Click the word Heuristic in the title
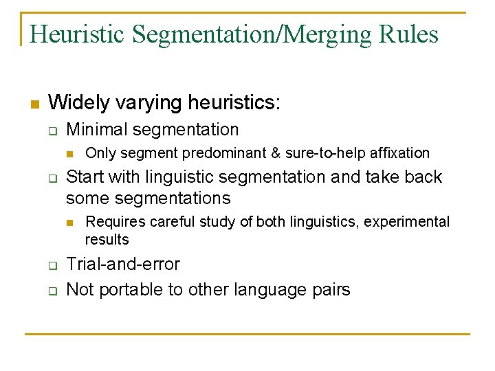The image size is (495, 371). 77,34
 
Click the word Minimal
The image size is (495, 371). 97,129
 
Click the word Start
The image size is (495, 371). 85,177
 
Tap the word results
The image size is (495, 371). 107,239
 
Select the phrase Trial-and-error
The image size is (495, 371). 123,265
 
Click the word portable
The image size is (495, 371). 132,289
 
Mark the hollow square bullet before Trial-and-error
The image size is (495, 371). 52,265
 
